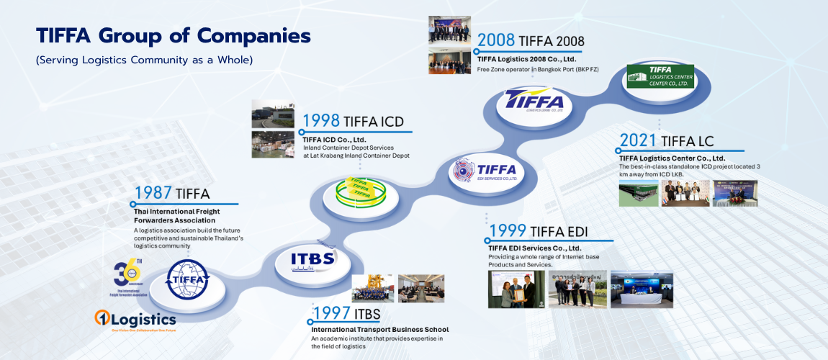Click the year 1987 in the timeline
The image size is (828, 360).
[153, 193]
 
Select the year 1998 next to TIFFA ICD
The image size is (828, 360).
[320, 120]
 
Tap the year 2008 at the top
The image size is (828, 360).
[495, 40]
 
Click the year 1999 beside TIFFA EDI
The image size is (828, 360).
[508, 231]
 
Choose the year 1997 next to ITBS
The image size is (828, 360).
[330, 314]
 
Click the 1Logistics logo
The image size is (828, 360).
[135, 319]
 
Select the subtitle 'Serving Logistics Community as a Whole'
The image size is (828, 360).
[144, 60]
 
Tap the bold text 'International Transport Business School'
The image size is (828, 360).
[379, 330]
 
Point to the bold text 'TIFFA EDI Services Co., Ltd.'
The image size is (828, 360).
[534, 248]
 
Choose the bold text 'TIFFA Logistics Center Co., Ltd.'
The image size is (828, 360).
[672, 158]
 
